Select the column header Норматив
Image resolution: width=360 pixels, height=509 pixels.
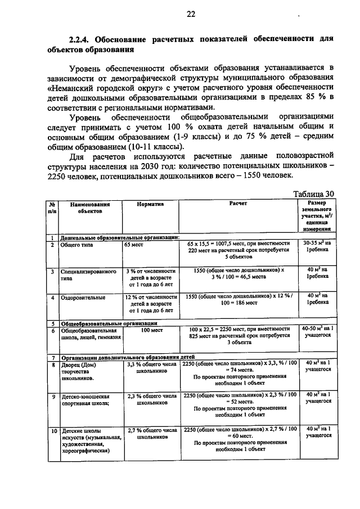(150, 205)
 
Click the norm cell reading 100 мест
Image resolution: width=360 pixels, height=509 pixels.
(150, 331)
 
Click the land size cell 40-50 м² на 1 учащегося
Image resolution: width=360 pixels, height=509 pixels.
(318, 331)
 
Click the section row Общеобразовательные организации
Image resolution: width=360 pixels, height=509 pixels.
(109, 323)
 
